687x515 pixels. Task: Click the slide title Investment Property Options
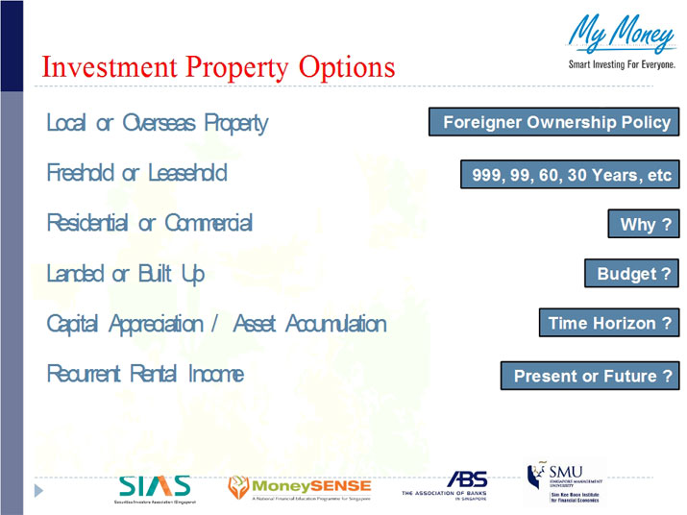click(x=218, y=67)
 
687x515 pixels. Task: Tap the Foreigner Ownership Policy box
click(x=554, y=123)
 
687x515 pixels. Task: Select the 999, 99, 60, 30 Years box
click(x=570, y=175)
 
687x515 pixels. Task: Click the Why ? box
click(x=643, y=225)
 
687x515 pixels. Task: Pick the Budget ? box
click(x=631, y=274)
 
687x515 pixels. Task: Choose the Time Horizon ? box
click(x=607, y=324)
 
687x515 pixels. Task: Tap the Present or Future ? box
click(x=590, y=376)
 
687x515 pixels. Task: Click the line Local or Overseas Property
click(x=157, y=123)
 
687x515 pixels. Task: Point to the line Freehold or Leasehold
click(x=136, y=173)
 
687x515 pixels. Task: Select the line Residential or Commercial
click(x=149, y=223)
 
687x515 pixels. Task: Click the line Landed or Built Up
click(x=125, y=274)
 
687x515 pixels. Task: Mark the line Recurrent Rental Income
click(x=144, y=374)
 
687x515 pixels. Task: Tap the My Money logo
click(x=620, y=37)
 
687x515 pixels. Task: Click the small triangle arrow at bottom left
click(x=39, y=490)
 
